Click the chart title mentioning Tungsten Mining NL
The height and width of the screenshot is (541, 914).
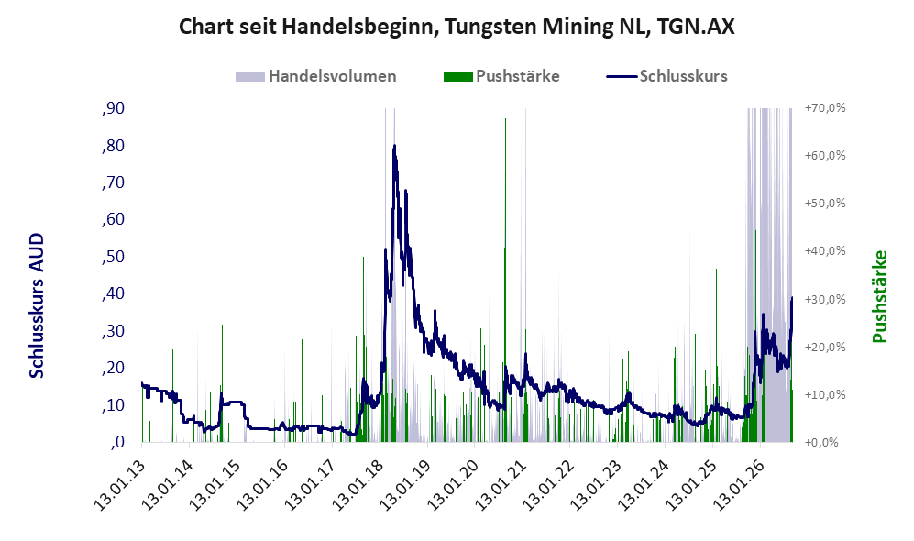click(x=457, y=27)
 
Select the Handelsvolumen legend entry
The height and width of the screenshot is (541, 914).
click(x=316, y=76)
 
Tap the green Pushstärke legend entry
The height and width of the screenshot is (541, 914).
click(x=501, y=76)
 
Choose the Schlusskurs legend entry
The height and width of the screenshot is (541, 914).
click(x=666, y=76)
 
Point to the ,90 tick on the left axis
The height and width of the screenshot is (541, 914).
click(x=113, y=108)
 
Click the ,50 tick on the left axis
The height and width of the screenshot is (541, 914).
click(x=113, y=257)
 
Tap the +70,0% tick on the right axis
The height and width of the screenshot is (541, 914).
click(x=825, y=108)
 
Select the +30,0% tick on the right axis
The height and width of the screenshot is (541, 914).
click(x=825, y=299)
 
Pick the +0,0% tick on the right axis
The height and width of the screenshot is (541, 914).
click(x=821, y=442)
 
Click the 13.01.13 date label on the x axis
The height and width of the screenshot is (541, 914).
click(x=118, y=485)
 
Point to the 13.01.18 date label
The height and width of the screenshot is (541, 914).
click(x=357, y=485)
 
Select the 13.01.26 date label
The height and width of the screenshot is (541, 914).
click(x=738, y=485)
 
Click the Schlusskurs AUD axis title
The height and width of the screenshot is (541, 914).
click(x=36, y=305)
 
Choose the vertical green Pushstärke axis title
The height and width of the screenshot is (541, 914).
click(x=880, y=296)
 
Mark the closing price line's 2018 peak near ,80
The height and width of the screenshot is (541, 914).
click(x=394, y=146)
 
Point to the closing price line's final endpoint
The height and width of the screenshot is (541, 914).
click(x=791, y=298)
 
